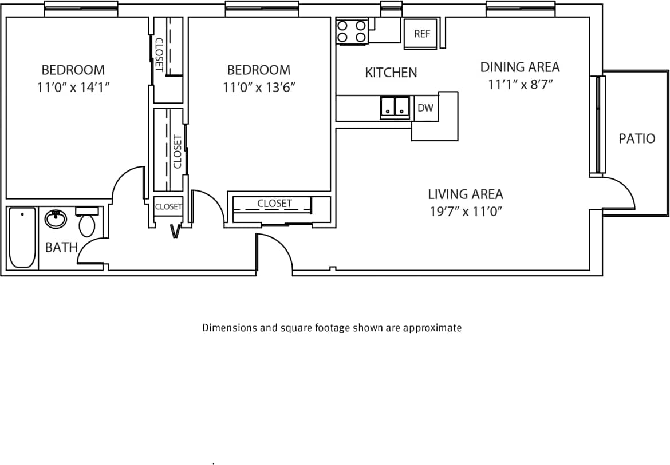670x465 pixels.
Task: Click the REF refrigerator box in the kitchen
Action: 421,34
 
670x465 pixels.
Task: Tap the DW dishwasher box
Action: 425,108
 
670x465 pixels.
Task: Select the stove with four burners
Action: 352,31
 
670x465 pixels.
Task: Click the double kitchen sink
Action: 395,106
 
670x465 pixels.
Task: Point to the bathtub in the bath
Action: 22,237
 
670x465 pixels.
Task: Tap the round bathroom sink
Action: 56,218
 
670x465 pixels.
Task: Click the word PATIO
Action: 637,138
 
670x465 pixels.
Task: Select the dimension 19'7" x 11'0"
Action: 466,212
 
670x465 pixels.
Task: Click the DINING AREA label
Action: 519,67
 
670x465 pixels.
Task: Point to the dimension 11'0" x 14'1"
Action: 73,88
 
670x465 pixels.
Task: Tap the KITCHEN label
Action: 391,73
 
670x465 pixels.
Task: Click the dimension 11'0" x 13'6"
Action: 259,88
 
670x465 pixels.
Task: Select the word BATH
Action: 61,248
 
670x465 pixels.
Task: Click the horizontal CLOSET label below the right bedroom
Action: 274,203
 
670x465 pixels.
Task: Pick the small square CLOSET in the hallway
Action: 168,207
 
